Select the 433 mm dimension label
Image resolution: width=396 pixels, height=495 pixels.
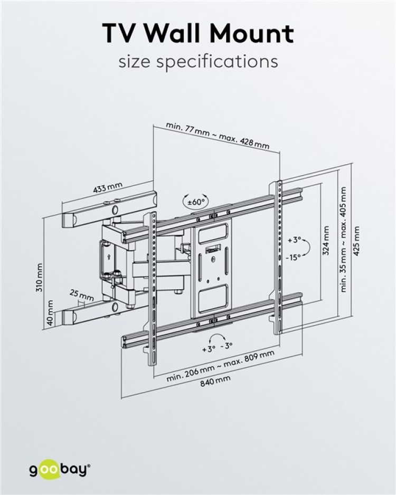108,188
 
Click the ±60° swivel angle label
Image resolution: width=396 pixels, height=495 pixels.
195,202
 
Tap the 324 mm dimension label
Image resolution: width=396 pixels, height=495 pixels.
325,241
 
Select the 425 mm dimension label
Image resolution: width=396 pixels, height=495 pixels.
357,241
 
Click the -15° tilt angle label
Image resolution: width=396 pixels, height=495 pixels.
294,257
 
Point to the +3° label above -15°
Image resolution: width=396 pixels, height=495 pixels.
294,240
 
